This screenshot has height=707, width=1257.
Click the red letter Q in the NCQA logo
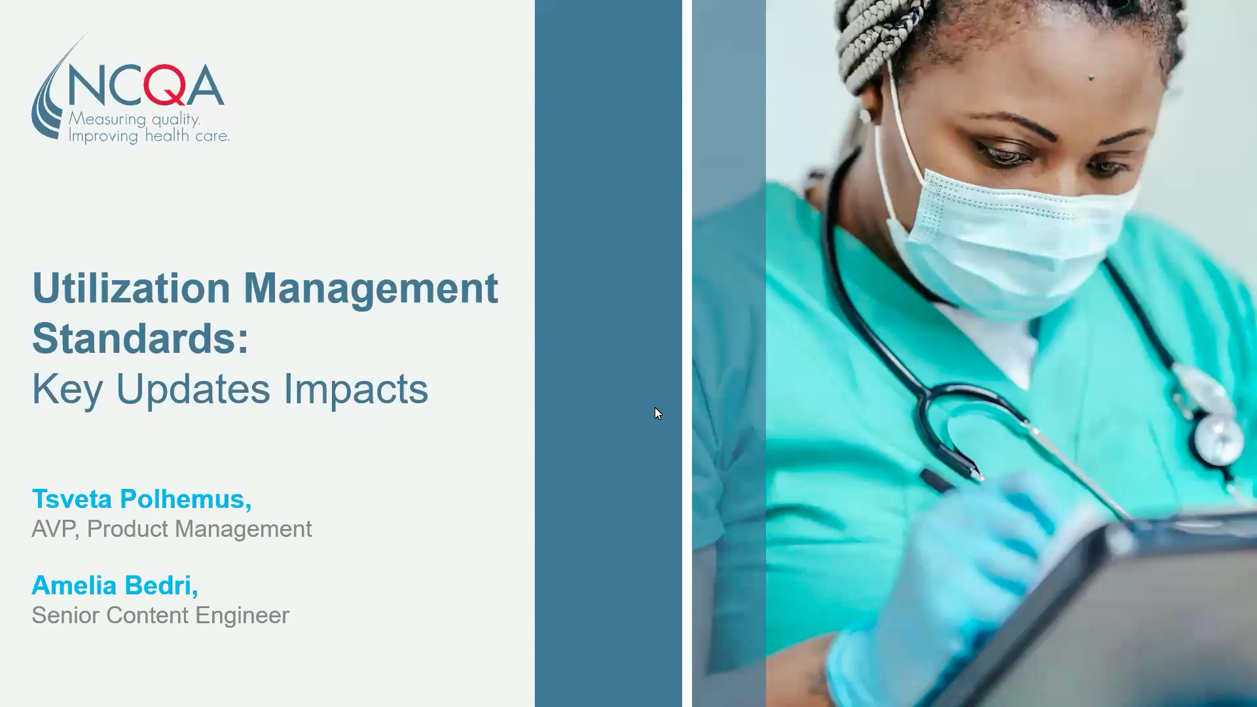click(x=164, y=86)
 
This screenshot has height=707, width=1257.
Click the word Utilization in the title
click(x=131, y=289)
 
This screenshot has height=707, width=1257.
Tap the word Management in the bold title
click(x=371, y=289)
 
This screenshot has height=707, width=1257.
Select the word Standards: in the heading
click(x=140, y=338)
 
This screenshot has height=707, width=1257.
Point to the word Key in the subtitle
click(x=67, y=390)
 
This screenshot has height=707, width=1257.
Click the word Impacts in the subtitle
click(x=355, y=390)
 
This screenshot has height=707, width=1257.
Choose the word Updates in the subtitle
click(x=192, y=390)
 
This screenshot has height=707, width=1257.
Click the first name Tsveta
click(x=72, y=499)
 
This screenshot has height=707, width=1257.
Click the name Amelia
click(x=74, y=586)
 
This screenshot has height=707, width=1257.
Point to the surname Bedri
click(x=161, y=586)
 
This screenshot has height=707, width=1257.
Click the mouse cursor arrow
click(x=658, y=413)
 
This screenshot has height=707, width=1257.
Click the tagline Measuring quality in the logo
click(x=134, y=119)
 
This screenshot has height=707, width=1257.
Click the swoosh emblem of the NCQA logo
click(x=49, y=98)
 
